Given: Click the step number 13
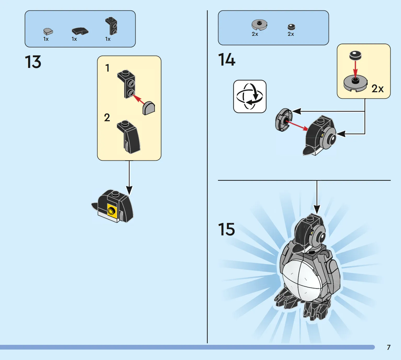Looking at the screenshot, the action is pyautogui.click(x=33, y=62).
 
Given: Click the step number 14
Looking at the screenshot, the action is pyautogui.click(x=227, y=59).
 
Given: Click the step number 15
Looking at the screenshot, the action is pyautogui.click(x=226, y=229).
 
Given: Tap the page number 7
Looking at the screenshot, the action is pyautogui.click(x=389, y=347).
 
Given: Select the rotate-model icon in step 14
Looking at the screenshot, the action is pyautogui.click(x=250, y=96).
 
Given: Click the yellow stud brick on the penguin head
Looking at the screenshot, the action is pyautogui.click(x=112, y=211).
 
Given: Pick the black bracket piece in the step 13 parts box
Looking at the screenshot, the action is pyautogui.click(x=111, y=26).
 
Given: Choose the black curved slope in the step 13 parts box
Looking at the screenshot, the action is pyautogui.click(x=80, y=31).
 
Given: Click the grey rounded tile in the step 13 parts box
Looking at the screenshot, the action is pyautogui.click(x=48, y=31).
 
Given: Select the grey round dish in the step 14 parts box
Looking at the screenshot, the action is pyautogui.click(x=259, y=25).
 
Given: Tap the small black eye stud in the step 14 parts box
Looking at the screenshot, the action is pyautogui.click(x=291, y=27).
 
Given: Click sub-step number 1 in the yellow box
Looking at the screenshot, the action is pyautogui.click(x=107, y=68).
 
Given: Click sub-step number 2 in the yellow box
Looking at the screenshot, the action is pyautogui.click(x=107, y=118).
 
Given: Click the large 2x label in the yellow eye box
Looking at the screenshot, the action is pyautogui.click(x=377, y=89).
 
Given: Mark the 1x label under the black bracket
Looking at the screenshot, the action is pyautogui.click(x=108, y=39).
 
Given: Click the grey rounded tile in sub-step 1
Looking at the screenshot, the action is pyautogui.click(x=149, y=108).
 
